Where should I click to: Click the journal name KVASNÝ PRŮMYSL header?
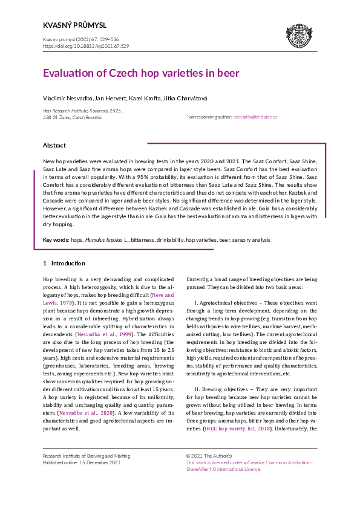pos(74,25)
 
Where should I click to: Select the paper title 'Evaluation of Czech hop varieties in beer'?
pos(141,73)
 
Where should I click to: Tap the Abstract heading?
pos(54,146)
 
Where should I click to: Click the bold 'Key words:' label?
pos(56,240)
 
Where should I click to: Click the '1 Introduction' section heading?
pos(64,264)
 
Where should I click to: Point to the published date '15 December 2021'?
pos(99,462)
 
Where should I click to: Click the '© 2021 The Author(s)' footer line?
pos(209,455)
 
